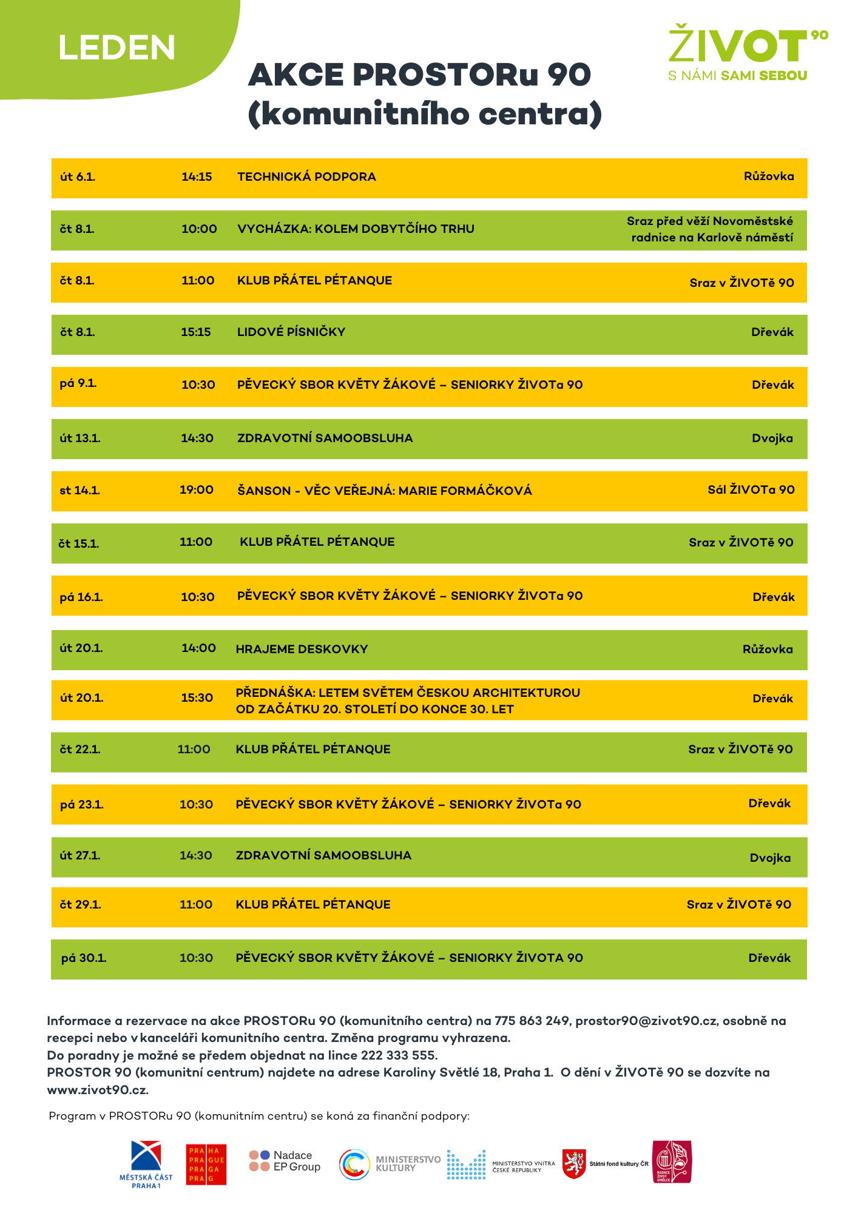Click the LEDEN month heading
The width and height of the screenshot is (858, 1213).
(117, 48)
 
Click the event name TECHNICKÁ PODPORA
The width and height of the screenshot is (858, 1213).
(306, 176)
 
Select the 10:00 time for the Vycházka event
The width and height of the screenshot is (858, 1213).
(199, 229)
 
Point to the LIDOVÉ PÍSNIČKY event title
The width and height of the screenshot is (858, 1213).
(291, 332)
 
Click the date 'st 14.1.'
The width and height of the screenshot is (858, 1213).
(79, 490)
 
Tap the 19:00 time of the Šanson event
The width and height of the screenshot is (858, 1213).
(196, 489)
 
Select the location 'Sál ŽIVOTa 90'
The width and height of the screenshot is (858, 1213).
(751, 489)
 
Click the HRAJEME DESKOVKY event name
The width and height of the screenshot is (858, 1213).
(302, 649)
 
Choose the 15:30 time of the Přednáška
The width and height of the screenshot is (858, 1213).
(197, 697)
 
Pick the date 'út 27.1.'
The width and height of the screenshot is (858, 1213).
(80, 855)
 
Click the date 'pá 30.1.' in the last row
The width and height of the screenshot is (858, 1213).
(84, 958)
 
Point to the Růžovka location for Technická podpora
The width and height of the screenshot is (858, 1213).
(768, 176)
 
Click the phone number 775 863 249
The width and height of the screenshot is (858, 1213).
(532, 1021)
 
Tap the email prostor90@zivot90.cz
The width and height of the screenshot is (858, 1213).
(646, 1021)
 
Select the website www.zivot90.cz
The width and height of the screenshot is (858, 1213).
(97, 1089)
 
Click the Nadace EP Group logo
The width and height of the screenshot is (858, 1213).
(285, 1161)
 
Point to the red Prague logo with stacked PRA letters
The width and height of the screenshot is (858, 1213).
(206, 1164)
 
